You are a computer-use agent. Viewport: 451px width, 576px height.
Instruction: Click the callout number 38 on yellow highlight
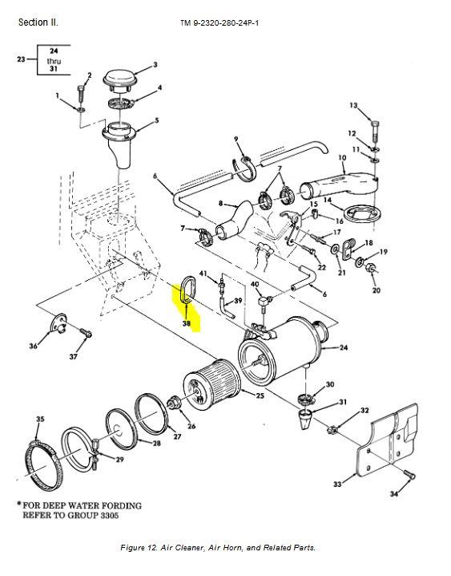coord(187,323)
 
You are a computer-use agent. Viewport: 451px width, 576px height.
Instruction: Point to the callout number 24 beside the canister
coord(343,347)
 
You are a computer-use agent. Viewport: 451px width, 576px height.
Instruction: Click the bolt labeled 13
coord(375,131)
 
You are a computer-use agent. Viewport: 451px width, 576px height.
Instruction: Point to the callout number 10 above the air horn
coord(342,158)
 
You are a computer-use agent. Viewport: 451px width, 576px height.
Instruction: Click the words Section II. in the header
coord(38,22)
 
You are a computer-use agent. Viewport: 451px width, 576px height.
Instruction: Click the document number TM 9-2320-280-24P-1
coord(219,23)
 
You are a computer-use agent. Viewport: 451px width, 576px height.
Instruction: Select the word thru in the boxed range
coord(54,61)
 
